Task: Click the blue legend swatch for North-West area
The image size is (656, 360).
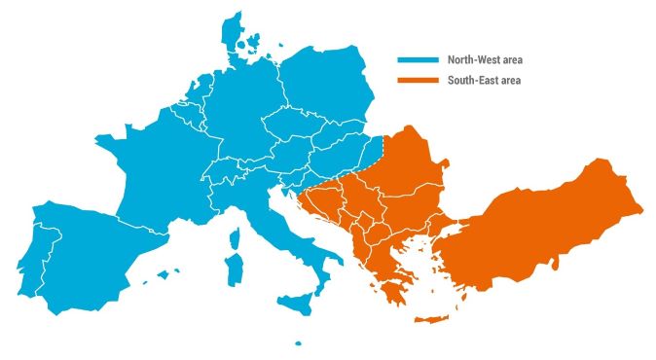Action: [x=418, y=60]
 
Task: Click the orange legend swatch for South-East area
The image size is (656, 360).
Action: [x=418, y=81]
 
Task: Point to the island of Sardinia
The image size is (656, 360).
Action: [x=233, y=270]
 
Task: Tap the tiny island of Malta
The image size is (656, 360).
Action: [x=298, y=342]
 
